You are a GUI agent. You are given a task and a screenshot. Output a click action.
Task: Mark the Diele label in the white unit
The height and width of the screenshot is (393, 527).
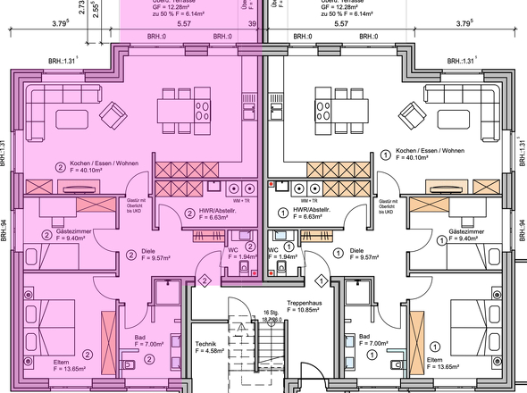click(356, 253)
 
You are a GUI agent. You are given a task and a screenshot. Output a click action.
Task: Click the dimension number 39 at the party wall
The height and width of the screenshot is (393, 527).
click(252, 26)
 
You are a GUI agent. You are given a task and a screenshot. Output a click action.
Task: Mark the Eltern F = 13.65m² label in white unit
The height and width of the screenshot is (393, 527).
click(456, 363)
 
